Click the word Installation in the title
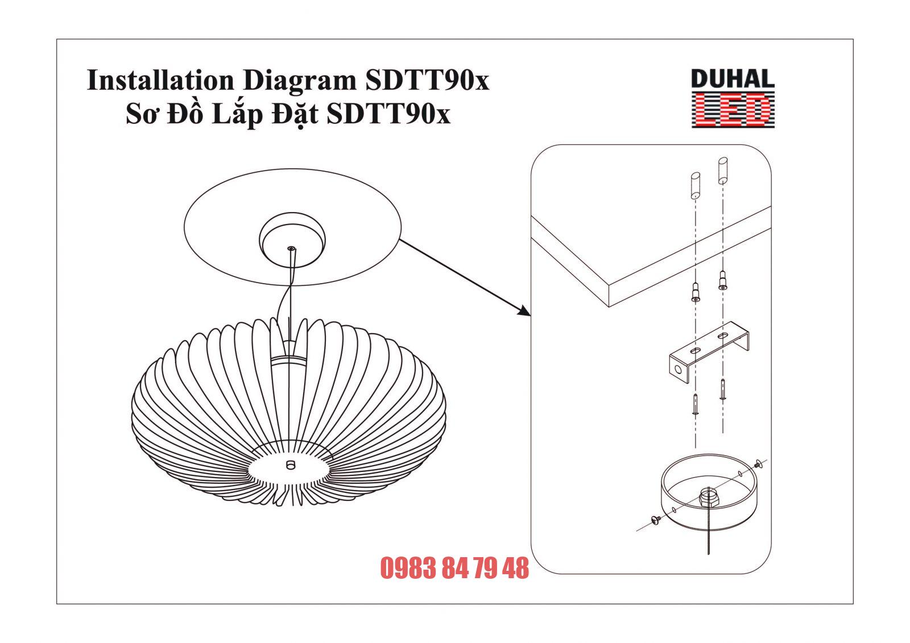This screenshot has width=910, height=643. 160,81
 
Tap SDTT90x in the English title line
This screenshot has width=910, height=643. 426,81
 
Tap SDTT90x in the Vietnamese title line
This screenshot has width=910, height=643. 389,114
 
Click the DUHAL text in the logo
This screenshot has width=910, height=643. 733,80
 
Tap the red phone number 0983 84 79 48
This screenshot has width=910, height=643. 454,568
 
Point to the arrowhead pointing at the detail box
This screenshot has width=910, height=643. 524,310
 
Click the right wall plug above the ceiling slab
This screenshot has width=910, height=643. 722,170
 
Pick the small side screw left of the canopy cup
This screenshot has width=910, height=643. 654,518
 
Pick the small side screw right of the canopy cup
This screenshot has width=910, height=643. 759,466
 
